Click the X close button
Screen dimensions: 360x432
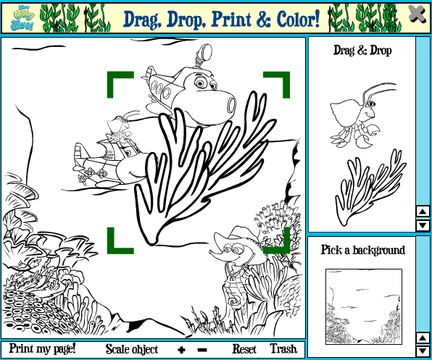(417, 14)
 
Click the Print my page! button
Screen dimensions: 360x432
(42, 349)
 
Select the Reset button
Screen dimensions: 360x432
(244, 349)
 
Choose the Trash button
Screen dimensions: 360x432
(283, 349)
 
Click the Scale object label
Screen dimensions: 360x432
(131, 349)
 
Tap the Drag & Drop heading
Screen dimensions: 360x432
(362, 51)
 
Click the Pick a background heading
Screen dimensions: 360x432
(362, 250)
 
